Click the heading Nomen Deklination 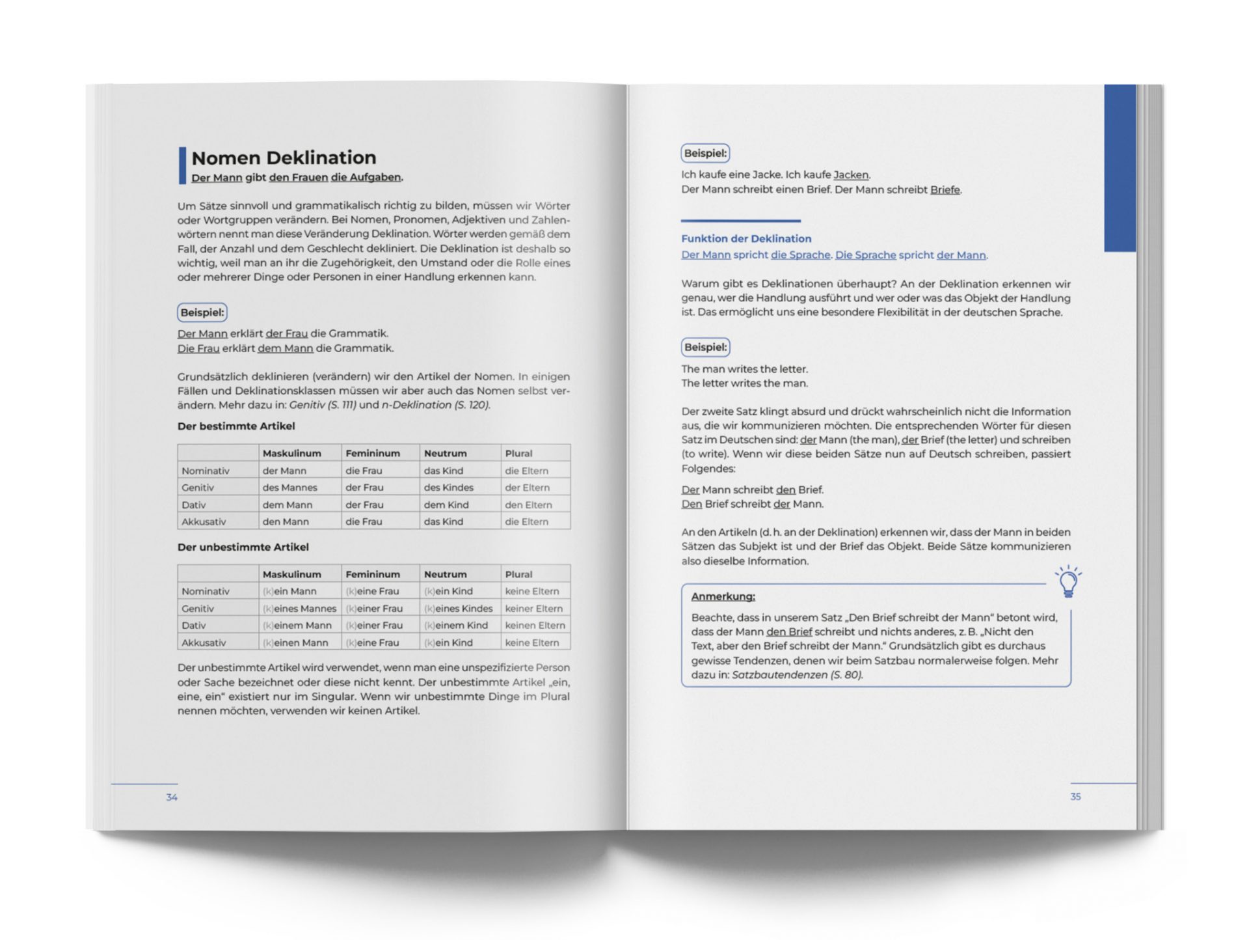coord(284,158)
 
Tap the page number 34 coord(172,797)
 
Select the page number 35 coord(1075,797)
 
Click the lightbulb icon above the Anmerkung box coord(1068,581)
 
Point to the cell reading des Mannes coord(289,488)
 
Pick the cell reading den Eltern coord(528,505)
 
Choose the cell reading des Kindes coord(448,488)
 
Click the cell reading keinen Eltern coord(535,626)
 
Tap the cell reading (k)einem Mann coord(297,626)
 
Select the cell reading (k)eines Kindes coord(458,609)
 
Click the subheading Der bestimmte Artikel coord(236,426)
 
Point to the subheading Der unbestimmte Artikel coord(243,547)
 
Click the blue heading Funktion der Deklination coord(746,239)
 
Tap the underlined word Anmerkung coord(723,596)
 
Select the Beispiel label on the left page coord(202,312)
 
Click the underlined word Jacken coord(851,175)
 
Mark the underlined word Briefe coord(945,190)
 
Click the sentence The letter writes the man coord(744,383)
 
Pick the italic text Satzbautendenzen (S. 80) coord(797,675)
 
